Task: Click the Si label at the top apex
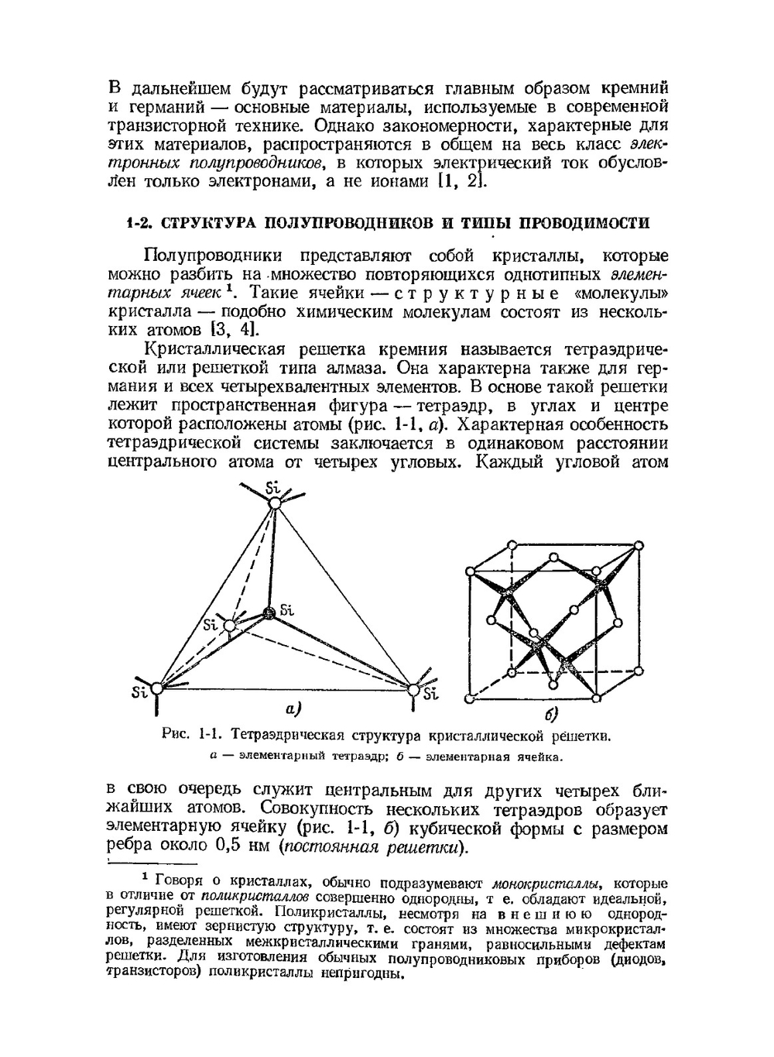pyautogui.click(x=272, y=488)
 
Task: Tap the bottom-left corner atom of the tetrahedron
pyautogui.click(x=157, y=688)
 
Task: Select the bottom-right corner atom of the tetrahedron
pyautogui.click(x=413, y=688)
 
